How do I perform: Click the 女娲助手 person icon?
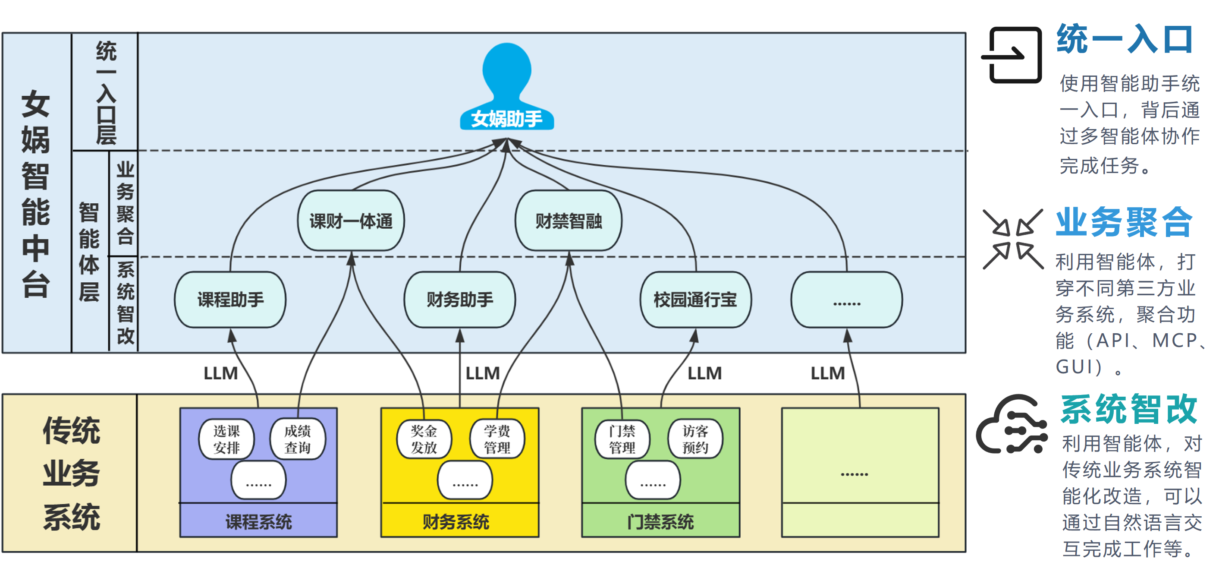click(x=506, y=85)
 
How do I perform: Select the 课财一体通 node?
click(x=351, y=221)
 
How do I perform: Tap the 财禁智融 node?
click(x=569, y=221)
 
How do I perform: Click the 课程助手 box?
click(x=230, y=300)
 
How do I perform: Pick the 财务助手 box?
click(x=460, y=300)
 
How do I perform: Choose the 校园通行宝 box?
click(x=695, y=300)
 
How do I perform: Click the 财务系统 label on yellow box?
click(x=456, y=521)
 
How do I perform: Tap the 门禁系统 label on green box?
click(x=660, y=521)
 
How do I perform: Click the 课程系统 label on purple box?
click(x=258, y=521)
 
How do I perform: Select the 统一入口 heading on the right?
click(x=1125, y=39)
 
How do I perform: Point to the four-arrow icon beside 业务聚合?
click(x=1013, y=239)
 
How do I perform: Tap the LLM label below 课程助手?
click(x=220, y=373)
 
